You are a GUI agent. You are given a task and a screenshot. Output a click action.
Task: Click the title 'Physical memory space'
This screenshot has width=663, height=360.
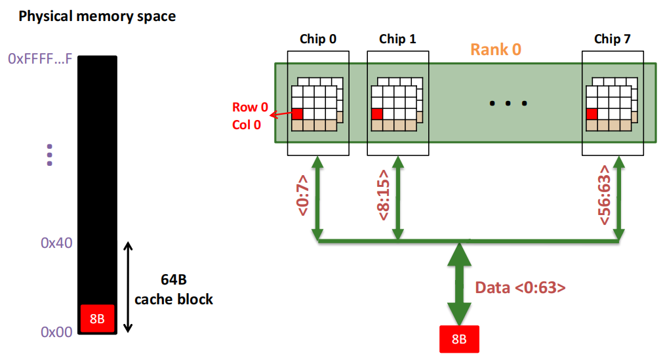97,16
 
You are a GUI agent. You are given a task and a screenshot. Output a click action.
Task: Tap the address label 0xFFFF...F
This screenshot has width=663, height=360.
40,58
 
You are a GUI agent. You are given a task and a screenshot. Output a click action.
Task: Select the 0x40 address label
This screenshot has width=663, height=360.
56,243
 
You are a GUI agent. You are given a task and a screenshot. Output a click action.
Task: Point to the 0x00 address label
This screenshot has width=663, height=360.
56,332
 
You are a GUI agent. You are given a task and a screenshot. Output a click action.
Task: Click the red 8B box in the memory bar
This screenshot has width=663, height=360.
97,318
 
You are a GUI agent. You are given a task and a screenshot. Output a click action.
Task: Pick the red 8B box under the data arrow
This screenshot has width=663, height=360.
459,339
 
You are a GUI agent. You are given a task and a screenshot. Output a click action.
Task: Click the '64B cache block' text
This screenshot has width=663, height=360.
174,289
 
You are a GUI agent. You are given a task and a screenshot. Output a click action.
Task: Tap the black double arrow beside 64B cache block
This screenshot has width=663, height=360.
128,287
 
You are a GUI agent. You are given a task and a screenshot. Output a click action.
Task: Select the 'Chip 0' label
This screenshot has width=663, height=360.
318,39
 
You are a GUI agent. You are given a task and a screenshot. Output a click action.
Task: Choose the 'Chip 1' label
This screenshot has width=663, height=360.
397,39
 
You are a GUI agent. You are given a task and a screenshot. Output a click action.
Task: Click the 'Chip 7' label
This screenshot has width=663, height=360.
613,39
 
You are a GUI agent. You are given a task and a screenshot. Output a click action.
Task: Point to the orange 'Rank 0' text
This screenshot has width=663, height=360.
496,49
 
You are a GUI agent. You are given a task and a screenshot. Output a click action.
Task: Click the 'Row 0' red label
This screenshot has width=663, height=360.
250,107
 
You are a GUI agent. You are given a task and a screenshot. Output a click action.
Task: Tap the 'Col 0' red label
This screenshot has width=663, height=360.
247,125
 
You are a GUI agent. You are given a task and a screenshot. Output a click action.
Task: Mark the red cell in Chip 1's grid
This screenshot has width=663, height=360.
377,114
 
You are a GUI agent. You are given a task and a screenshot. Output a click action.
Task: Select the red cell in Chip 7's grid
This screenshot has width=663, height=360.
592,114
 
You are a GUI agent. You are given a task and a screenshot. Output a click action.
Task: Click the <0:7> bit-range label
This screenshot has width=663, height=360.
303,195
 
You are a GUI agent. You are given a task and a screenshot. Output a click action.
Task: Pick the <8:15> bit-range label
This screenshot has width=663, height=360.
384,195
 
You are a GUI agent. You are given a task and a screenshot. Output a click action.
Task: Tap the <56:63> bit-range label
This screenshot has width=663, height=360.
605,195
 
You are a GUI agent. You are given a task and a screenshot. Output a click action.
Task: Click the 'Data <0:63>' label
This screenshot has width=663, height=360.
520,288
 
